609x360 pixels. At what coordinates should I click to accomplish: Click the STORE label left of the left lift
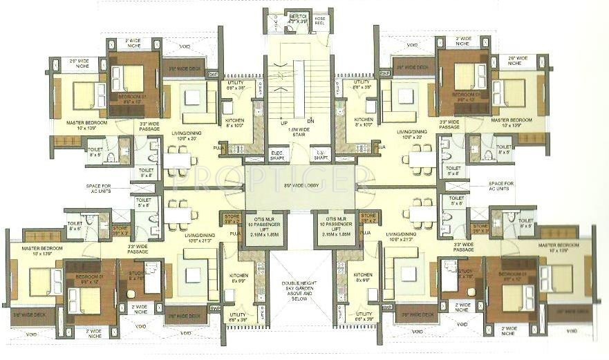(x=232, y=221)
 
